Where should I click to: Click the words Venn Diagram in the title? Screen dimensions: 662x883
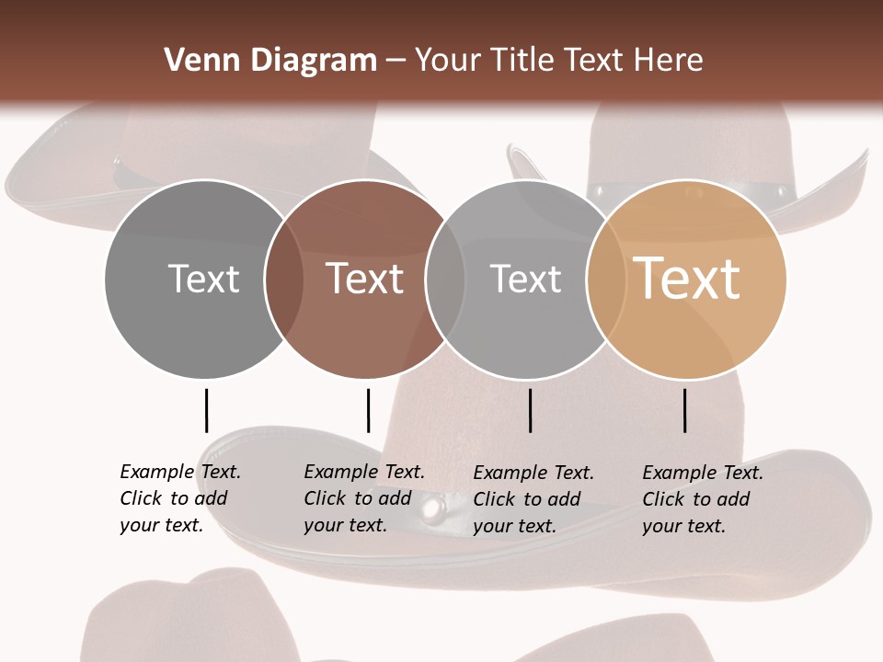point(270,61)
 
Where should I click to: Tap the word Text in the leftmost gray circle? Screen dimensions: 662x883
point(203,279)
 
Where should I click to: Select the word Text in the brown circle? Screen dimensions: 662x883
point(365,279)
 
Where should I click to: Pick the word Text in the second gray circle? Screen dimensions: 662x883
point(525,279)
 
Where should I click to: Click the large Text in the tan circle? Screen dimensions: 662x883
point(687,278)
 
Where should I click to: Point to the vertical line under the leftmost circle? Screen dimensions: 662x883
point(206,410)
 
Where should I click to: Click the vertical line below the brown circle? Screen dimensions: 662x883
point(368,410)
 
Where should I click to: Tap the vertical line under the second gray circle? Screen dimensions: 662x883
point(531,410)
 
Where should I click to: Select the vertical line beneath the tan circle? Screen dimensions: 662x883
point(685,410)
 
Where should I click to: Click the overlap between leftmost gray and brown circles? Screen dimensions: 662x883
point(284,279)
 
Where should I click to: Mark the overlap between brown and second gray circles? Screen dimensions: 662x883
point(445,279)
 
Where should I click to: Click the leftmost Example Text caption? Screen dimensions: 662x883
point(180,498)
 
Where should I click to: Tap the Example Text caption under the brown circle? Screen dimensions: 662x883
point(364,498)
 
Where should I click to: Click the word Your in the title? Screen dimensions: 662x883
point(448,61)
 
